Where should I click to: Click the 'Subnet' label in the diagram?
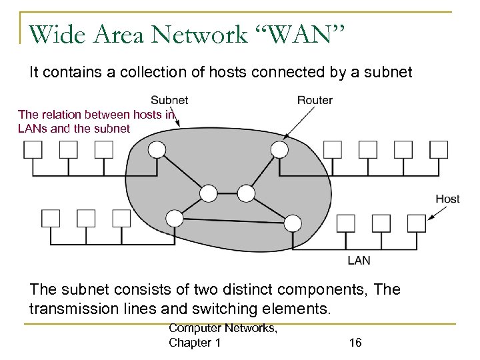tap(169, 101)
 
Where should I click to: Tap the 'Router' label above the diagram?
tap(315, 101)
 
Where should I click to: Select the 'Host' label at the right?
tap(447, 199)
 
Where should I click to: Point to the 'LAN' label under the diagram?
tap(359, 260)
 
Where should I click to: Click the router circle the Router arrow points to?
tap(281, 151)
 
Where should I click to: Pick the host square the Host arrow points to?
tap(417, 222)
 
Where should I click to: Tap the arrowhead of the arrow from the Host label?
tap(427, 217)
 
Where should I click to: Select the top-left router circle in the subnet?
tap(156, 151)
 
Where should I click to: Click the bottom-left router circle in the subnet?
tap(175, 218)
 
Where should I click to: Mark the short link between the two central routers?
tap(227, 194)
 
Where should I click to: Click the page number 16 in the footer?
tap(356, 342)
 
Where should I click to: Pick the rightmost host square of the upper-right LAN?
tap(438, 149)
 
